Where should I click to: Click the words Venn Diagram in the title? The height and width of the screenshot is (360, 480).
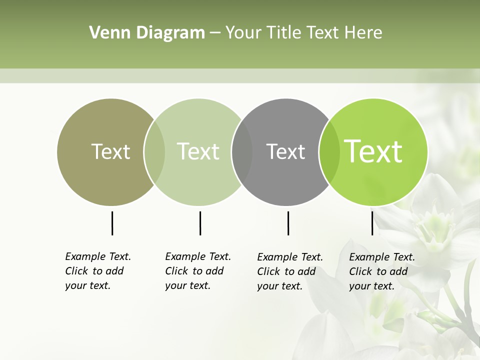coord(147,33)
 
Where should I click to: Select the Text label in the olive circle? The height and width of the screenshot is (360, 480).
coord(110,151)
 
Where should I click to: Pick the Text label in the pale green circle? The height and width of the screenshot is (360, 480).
coord(198,151)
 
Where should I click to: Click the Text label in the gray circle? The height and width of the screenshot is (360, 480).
coord(285,151)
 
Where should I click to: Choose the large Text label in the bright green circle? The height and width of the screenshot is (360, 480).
coord(373,151)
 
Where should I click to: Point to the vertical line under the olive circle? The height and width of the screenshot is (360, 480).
coord(112,223)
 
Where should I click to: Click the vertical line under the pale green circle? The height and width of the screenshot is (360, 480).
coord(200,223)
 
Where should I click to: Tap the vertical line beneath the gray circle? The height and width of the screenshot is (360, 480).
coord(288,223)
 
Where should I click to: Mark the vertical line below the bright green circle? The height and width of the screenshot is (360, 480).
coord(372,223)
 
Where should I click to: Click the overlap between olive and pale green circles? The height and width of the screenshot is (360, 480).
coord(154,152)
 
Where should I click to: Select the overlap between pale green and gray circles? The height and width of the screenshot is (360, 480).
coord(242,152)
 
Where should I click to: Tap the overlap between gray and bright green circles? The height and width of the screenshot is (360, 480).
coord(329,152)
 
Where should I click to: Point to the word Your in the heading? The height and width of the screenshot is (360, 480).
coord(243,33)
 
